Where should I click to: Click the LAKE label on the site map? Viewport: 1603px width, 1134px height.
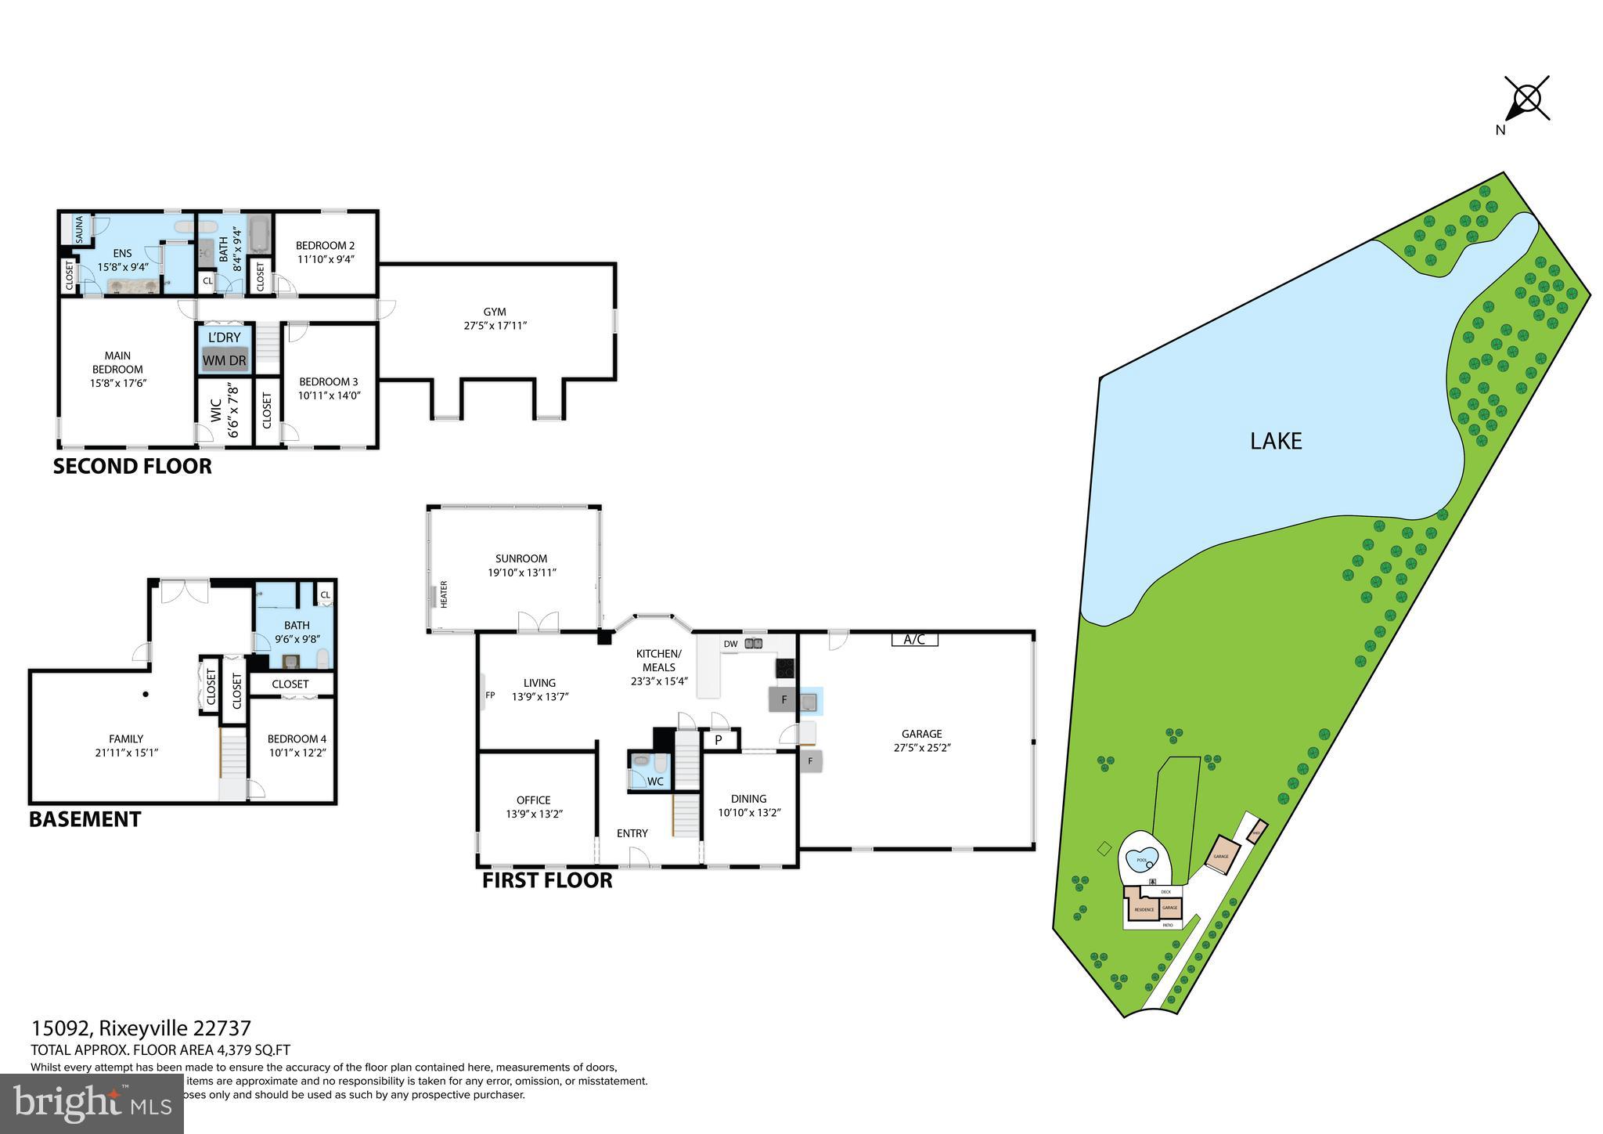[1276, 442]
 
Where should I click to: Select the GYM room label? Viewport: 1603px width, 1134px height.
[494, 312]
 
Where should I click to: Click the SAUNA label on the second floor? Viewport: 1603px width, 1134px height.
[80, 229]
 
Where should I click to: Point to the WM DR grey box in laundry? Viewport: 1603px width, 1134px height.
[225, 361]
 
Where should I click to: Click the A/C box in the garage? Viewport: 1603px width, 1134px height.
[914, 640]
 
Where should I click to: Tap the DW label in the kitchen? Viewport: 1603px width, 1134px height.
[730, 645]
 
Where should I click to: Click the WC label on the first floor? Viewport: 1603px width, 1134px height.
[655, 781]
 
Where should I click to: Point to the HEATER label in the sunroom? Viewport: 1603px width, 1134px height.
[444, 594]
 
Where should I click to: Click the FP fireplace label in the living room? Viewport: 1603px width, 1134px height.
[490, 695]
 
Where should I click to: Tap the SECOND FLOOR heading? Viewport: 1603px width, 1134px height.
[132, 467]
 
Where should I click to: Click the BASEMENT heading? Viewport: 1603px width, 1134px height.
[85, 820]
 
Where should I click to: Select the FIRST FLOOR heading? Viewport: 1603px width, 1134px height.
[547, 880]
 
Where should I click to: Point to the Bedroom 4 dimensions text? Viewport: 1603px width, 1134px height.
[297, 753]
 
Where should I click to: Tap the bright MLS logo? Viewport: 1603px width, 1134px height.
[92, 1103]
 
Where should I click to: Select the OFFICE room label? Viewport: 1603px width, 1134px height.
[533, 800]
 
